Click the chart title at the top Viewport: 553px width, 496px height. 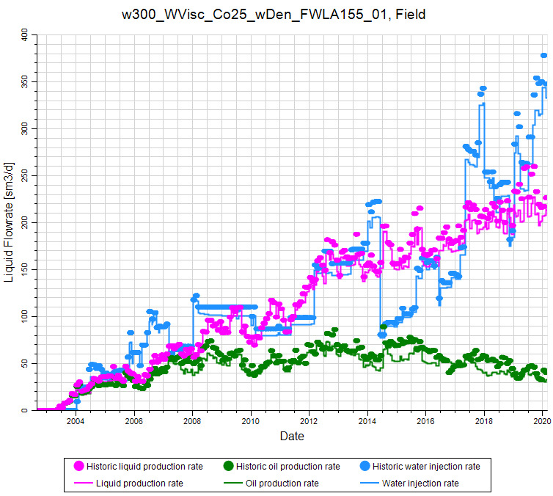pos(274,14)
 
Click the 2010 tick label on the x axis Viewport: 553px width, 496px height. pos(251,421)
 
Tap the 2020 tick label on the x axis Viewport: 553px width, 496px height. pos(542,421)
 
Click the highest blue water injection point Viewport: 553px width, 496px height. pos(544,55)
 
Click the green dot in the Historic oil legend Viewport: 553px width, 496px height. pos(227,466)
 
